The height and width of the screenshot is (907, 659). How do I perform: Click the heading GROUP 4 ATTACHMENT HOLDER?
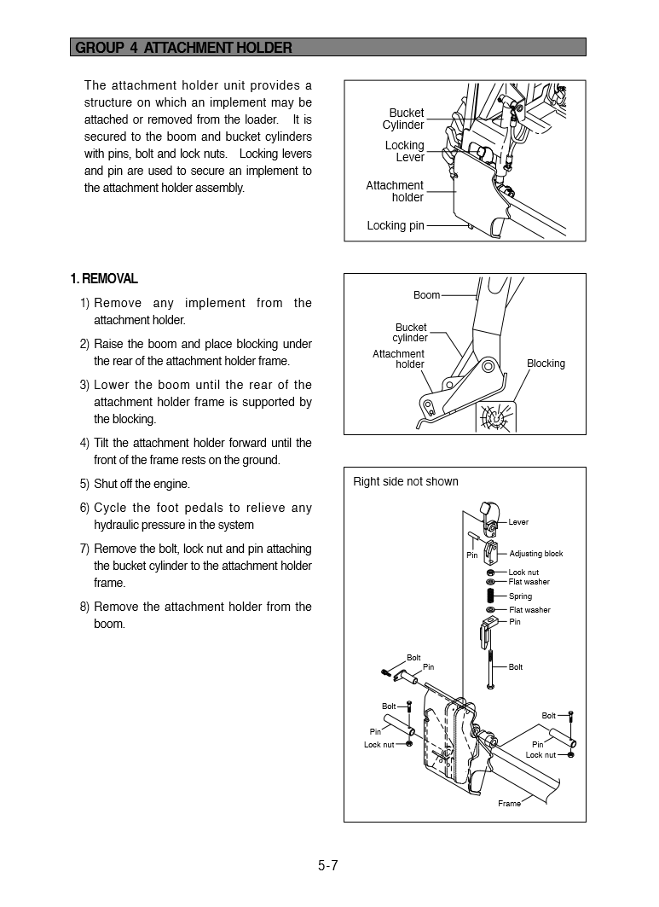(x=183, y=48)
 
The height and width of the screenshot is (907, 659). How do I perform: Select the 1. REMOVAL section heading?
(x=104, y=279)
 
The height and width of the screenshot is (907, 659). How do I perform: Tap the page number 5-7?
(x=328, y=865)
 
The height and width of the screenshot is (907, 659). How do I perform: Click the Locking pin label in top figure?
(x=395, y=226)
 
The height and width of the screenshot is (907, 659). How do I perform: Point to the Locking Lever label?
(x=405, y=152)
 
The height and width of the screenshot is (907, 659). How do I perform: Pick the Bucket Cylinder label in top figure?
(x=403, y=119)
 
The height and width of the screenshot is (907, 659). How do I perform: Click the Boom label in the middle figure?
(x=426, y=295)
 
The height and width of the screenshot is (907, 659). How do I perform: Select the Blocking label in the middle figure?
(x=546, y=363)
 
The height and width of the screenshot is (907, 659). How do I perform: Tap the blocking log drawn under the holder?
(x=495, y=417)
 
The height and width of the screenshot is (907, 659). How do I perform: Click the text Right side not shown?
(x=405, y=481)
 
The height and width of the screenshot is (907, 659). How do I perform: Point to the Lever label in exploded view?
(x=518, y=522)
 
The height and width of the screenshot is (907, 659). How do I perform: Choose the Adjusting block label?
(x=535, y=554)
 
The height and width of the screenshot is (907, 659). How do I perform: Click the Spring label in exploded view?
(x=520, y=596)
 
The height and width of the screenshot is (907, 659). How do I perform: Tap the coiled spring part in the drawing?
(x=491, y=596)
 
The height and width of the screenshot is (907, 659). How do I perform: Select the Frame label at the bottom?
(x=509, y=804)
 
